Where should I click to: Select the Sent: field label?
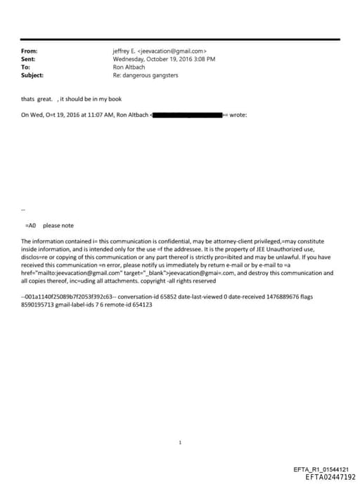28,59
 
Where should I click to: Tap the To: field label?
26,67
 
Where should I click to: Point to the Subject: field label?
32,75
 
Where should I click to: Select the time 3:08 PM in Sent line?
204,59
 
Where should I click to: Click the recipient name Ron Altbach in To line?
129,67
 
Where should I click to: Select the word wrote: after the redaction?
238,115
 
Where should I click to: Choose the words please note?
58,226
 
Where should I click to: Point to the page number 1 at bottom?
181,443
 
